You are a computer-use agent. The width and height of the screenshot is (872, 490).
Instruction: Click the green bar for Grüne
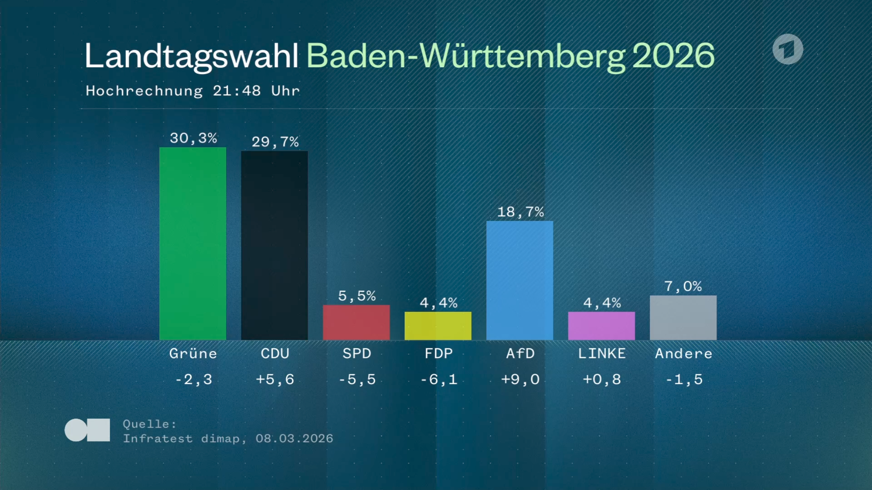[193, 243]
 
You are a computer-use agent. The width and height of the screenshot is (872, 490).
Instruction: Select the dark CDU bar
[275, 245]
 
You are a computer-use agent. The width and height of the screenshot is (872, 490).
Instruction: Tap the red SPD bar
[356, 322]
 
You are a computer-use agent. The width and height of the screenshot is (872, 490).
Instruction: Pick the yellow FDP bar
[438, 325]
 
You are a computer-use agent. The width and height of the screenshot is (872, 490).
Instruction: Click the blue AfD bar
[520, 280]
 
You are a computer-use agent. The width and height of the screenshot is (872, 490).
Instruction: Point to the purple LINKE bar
[602, 325]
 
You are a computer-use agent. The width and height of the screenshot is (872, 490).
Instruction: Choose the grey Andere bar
[683, 317]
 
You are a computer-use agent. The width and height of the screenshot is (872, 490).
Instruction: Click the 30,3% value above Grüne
[193, 138]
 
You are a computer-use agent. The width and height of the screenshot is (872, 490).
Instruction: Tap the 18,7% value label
[520, 212]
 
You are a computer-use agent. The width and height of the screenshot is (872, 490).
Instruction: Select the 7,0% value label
[683, 286]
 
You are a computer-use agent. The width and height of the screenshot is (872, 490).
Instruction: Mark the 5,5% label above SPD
[357, 296]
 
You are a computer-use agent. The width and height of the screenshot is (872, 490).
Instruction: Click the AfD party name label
[520, 353]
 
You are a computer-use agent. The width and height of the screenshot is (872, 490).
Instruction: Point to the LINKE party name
[602, 353]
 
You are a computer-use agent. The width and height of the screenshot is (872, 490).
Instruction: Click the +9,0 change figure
[520, 379]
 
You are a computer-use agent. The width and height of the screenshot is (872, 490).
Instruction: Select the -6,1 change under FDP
[438, 379]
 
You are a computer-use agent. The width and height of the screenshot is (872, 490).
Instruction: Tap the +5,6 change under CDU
[275, 379]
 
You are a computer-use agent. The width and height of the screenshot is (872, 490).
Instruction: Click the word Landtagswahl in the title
[191, 56]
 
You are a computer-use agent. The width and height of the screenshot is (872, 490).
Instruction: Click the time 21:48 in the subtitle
[237, 91]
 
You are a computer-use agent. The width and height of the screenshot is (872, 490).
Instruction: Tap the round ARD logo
[788, 49]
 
